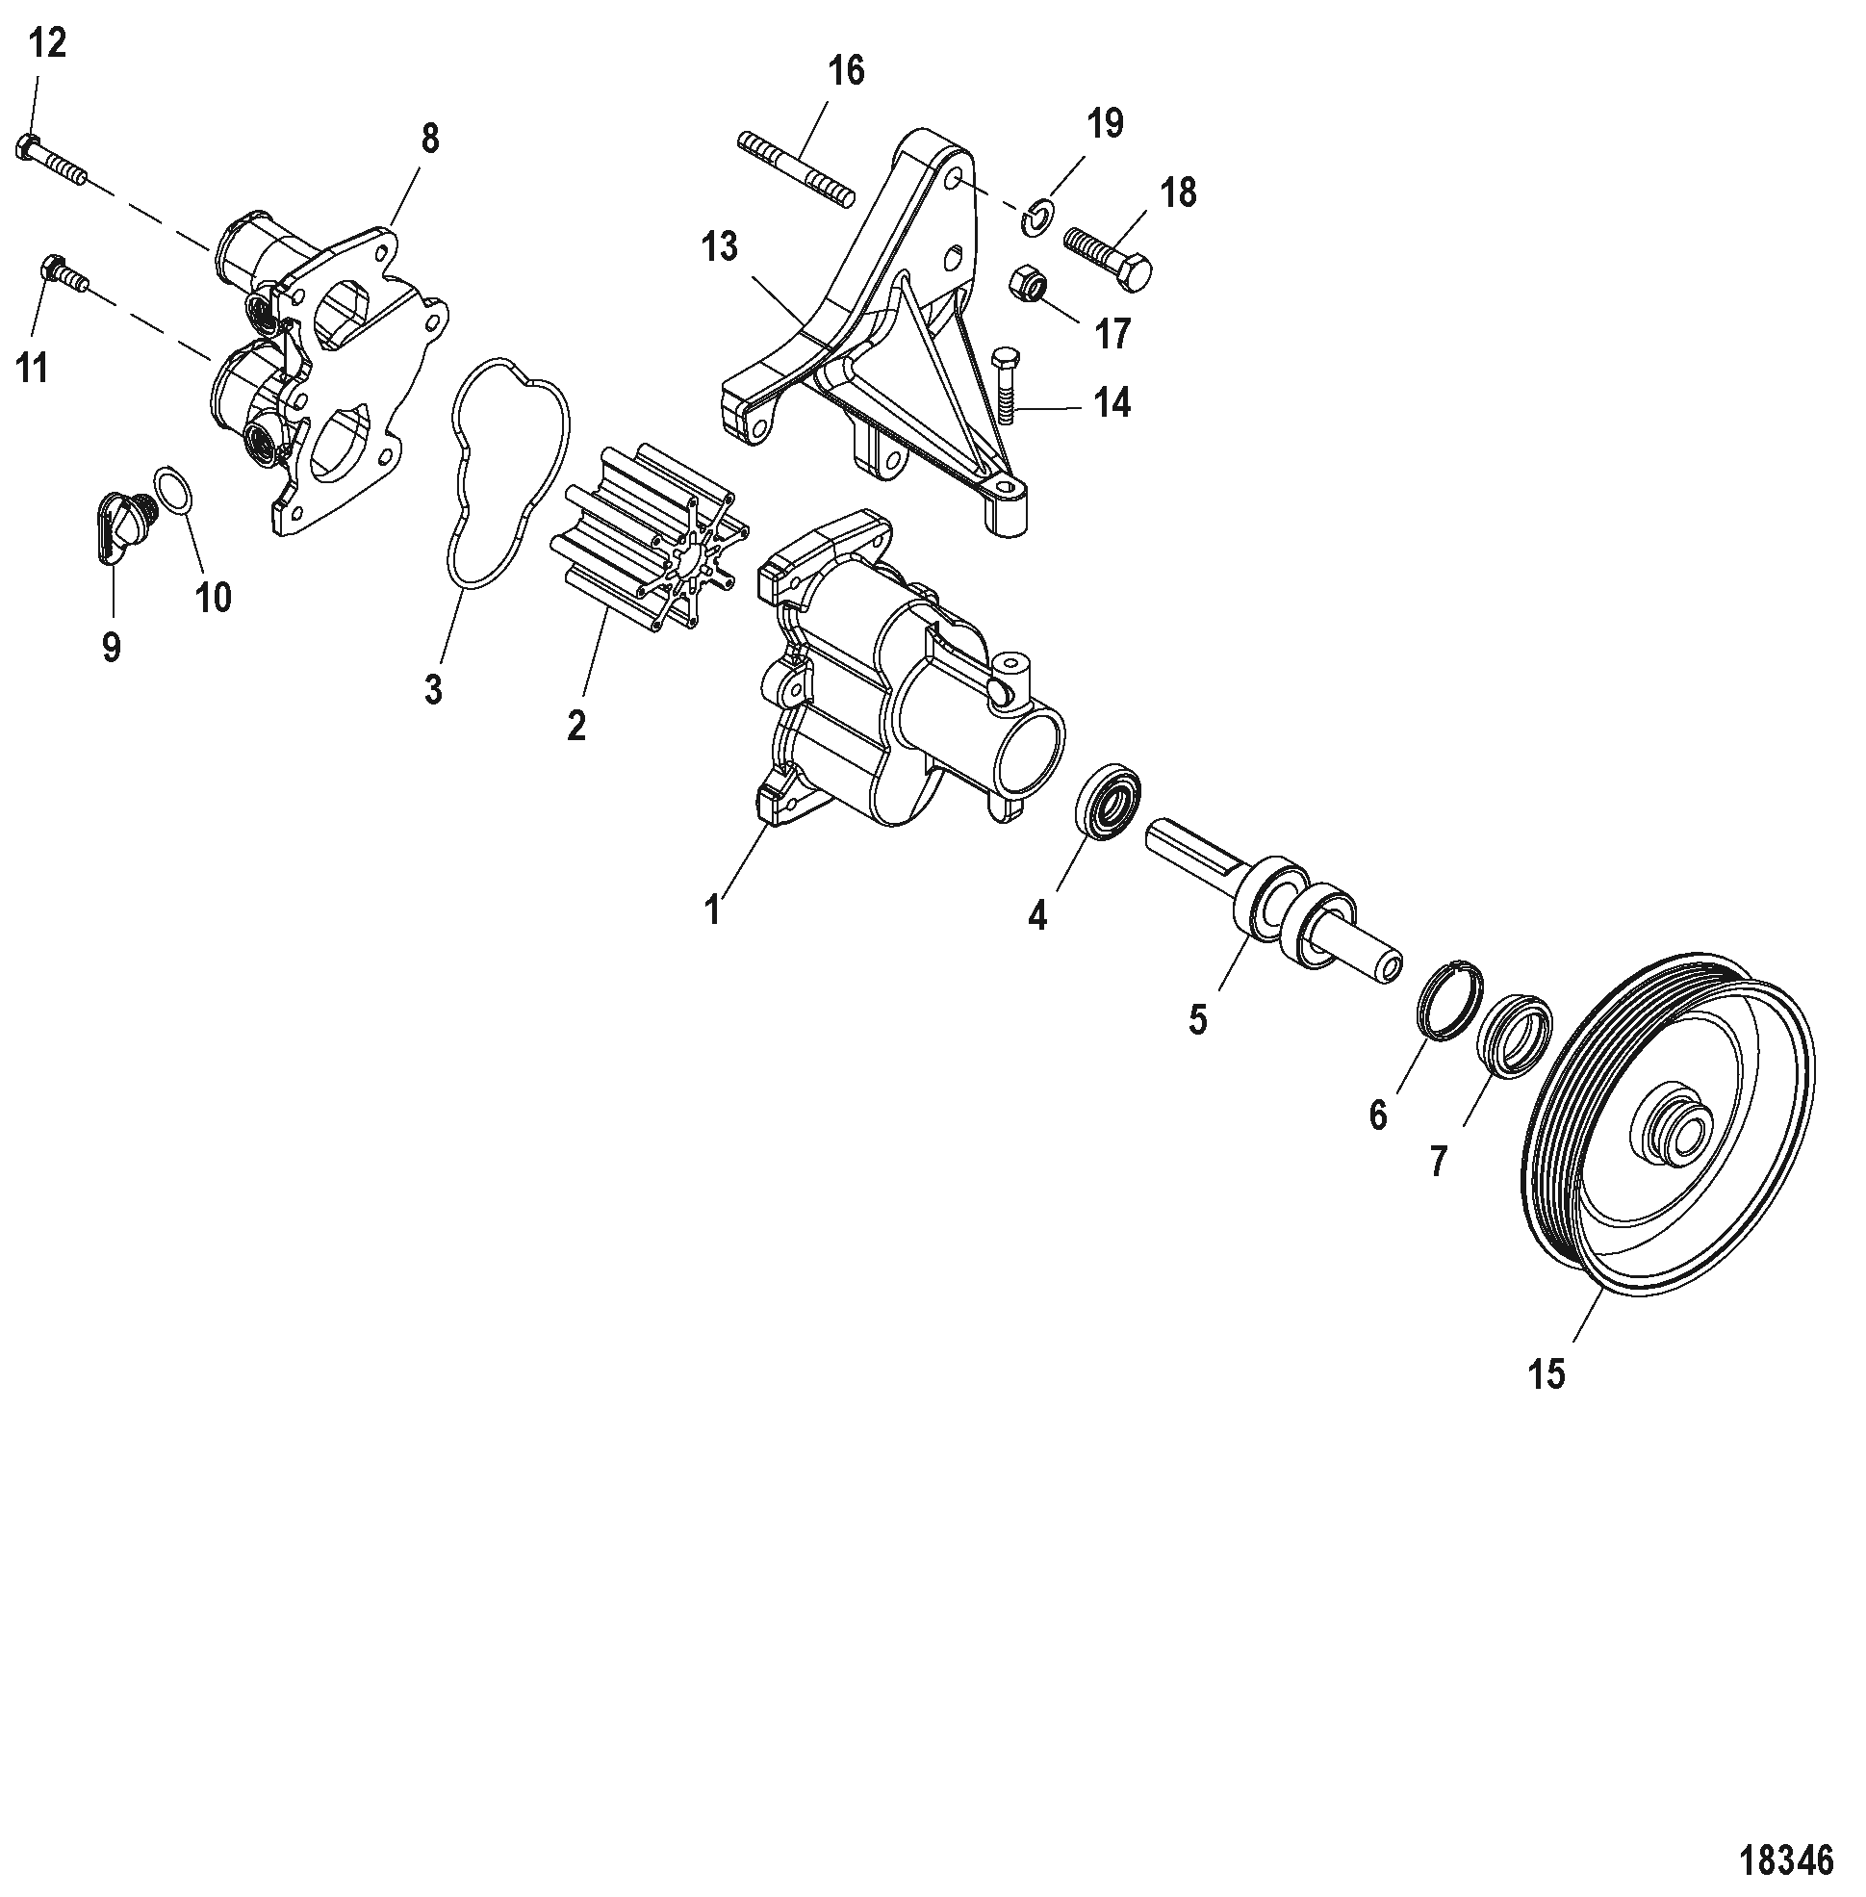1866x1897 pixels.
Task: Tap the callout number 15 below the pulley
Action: (1546, 1374)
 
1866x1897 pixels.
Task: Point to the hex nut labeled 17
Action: (1030, 283)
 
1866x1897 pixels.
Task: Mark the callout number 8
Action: (430, 140)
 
